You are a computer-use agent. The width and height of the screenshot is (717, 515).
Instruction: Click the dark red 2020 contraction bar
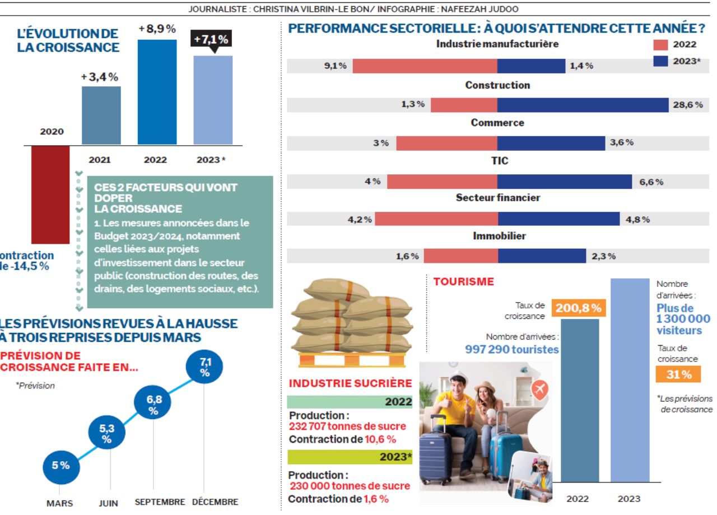point(50,194)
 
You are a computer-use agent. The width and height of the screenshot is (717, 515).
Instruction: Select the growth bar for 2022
point(157,92)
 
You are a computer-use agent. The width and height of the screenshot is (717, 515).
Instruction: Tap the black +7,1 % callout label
point(211,39)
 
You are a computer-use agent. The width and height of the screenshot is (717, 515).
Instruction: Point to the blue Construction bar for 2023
point(583,105)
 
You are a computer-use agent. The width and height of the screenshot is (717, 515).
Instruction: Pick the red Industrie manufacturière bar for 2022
point(425,66)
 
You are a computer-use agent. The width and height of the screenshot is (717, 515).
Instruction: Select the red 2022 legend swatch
point(661,45)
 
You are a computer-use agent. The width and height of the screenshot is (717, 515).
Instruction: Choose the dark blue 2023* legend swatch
point(661,61)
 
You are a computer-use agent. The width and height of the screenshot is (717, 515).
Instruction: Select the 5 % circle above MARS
point(60,465)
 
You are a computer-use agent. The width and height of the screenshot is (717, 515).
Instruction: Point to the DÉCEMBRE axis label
point(215,502)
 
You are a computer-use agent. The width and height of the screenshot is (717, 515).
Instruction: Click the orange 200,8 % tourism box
point(579,308)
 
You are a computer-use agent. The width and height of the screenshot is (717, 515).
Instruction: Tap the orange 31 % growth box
point(678,375)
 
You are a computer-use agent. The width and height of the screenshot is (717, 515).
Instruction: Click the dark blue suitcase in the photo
point(435,456)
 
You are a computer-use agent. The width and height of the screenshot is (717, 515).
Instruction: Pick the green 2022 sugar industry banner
point(350,402)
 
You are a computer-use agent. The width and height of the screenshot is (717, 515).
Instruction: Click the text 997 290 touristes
point(512,349)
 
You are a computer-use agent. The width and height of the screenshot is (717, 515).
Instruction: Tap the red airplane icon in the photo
point(539,389)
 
